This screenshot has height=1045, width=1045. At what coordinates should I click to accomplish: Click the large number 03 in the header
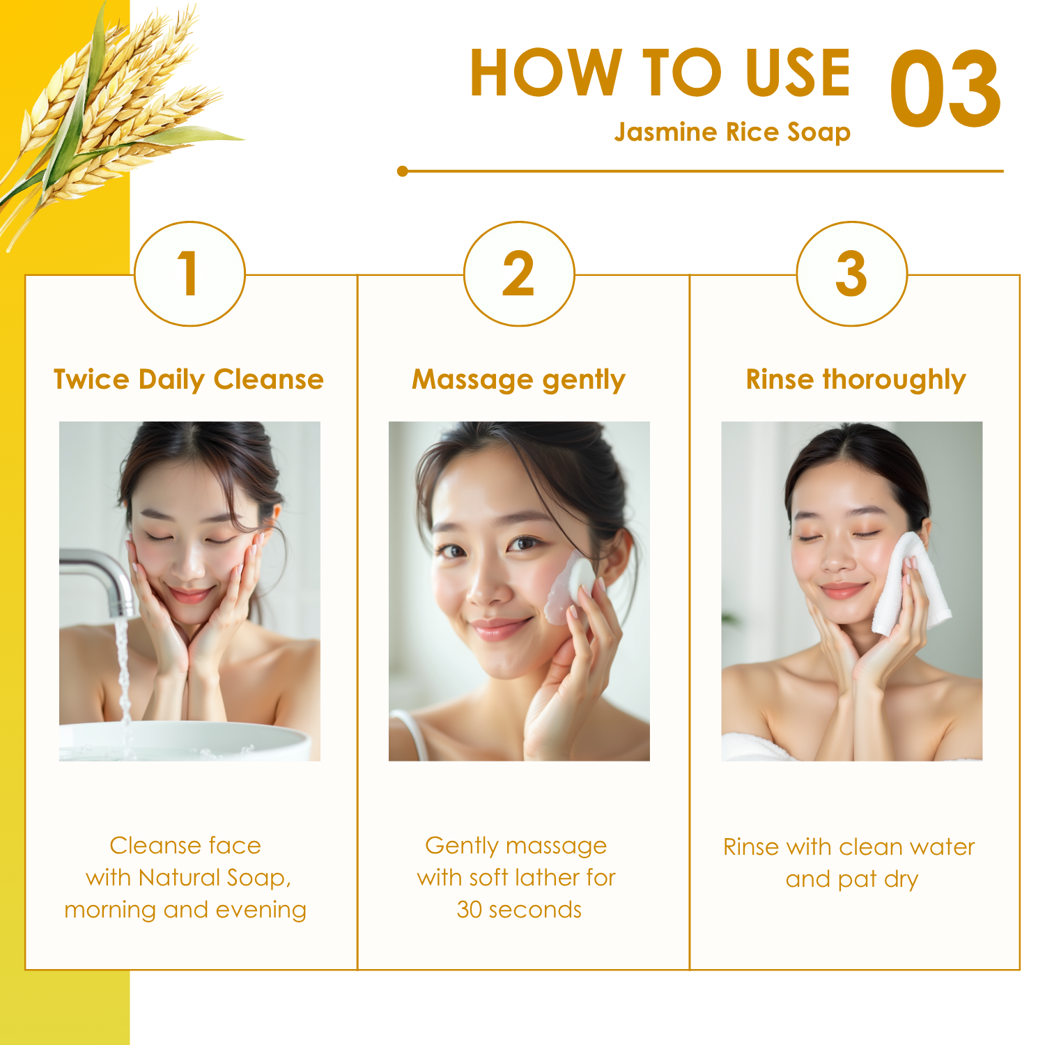click(945, 89)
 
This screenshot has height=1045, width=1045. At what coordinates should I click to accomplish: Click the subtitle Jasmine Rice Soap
click(732, 132)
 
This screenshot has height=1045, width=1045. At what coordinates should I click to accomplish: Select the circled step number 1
click(189, 274)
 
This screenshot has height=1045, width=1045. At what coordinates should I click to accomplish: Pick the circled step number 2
click(519, 274)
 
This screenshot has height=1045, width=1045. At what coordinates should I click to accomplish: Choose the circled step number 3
click(851, 274)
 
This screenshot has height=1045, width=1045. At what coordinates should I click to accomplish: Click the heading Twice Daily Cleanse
click(189, 380)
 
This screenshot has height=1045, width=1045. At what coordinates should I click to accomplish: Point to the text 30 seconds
click(519, 910)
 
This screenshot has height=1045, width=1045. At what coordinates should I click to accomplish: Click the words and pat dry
click(852, 880)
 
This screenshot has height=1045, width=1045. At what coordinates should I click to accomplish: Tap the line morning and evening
click(185, 910)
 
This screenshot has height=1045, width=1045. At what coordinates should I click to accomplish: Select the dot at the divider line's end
click(402, 171)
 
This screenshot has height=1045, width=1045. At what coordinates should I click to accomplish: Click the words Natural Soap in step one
click(214, 878)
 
